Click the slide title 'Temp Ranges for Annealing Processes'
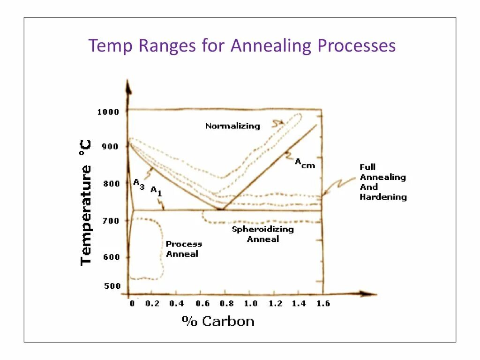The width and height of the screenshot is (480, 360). point(242,46)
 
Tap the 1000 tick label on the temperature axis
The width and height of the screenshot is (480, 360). point(108,112)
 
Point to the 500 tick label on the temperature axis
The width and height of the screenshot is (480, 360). point(112,286)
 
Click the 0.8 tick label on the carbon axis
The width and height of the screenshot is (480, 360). point(227,304)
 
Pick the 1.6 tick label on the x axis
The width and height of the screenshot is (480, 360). point(322,304)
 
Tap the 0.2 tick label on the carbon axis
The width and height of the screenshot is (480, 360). point(152,304)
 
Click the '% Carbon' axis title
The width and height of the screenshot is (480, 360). point(218,322)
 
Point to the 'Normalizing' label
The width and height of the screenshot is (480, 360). point(232,126)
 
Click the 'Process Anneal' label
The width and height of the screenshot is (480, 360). point(183,249)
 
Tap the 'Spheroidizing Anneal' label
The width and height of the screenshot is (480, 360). point(263,234)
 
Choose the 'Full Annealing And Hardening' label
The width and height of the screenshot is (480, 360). point(382,182)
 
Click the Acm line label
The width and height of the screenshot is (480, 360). point(304,164)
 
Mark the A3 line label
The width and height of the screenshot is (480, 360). point(139,183)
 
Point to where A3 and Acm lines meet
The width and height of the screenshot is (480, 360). point(221,209)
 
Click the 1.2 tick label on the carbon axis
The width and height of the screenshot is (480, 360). point(275,304)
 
